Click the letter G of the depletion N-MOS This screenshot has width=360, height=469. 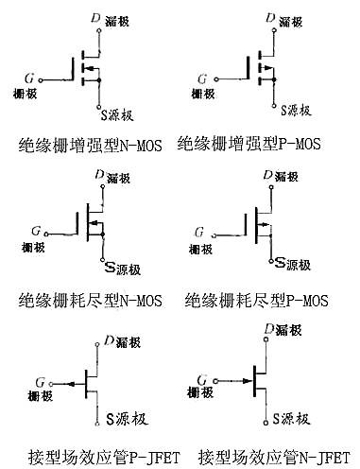(35, 230)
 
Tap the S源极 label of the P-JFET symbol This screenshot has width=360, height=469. (120, 417)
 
